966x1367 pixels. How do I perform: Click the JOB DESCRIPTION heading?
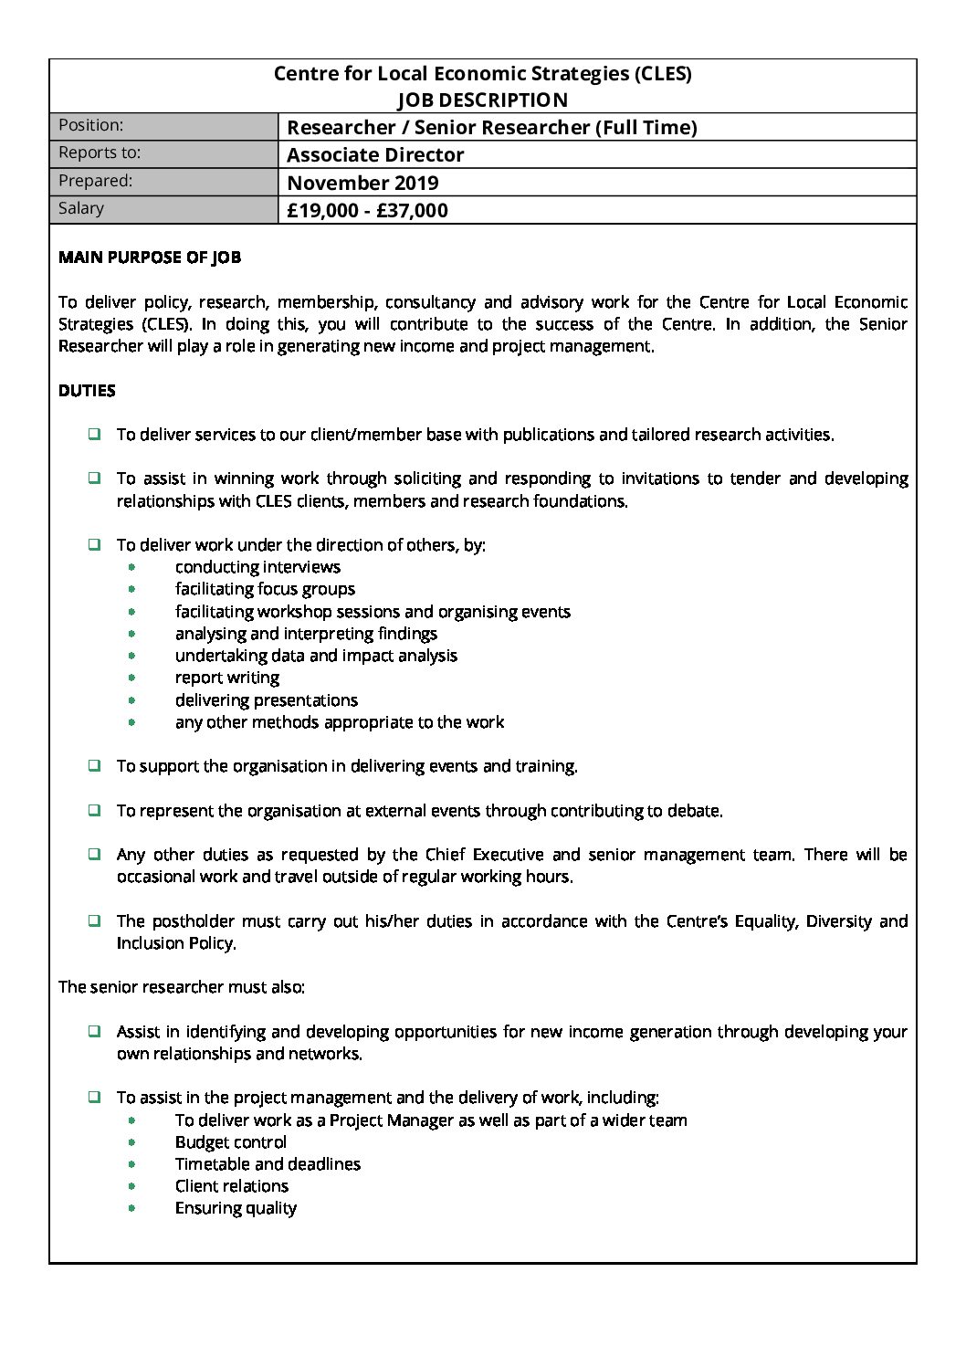point(482,100)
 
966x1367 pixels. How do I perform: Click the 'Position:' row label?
point(90,125)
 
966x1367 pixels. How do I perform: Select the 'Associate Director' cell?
point(375,154)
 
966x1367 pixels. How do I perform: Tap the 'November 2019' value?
point(362,183)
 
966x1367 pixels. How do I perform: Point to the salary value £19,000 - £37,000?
point(367,210)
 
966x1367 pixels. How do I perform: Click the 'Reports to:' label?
point(99,152)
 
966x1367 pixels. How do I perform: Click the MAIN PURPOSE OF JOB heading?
point(150,258)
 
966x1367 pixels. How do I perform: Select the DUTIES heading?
point(87,391)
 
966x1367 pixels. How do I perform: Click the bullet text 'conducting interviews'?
point(257,567)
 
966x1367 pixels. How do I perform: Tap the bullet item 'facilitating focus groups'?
point(265,589)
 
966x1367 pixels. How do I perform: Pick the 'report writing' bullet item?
point(227,678)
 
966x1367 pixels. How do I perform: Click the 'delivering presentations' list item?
point(267,700)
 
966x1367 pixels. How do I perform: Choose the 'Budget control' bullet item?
point(231,1142)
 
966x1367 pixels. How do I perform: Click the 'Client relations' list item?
point(232,1186)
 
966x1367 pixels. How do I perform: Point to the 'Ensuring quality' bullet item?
point(236,1208)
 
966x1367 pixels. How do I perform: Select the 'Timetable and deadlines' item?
point(268,1164)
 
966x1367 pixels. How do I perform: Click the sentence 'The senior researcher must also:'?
point(182,987)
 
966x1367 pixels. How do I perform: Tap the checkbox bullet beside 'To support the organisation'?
point(94,766)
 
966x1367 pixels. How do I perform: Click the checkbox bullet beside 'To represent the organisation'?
point(94,810)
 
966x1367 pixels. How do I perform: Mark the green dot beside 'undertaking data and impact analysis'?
point(132,656)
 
